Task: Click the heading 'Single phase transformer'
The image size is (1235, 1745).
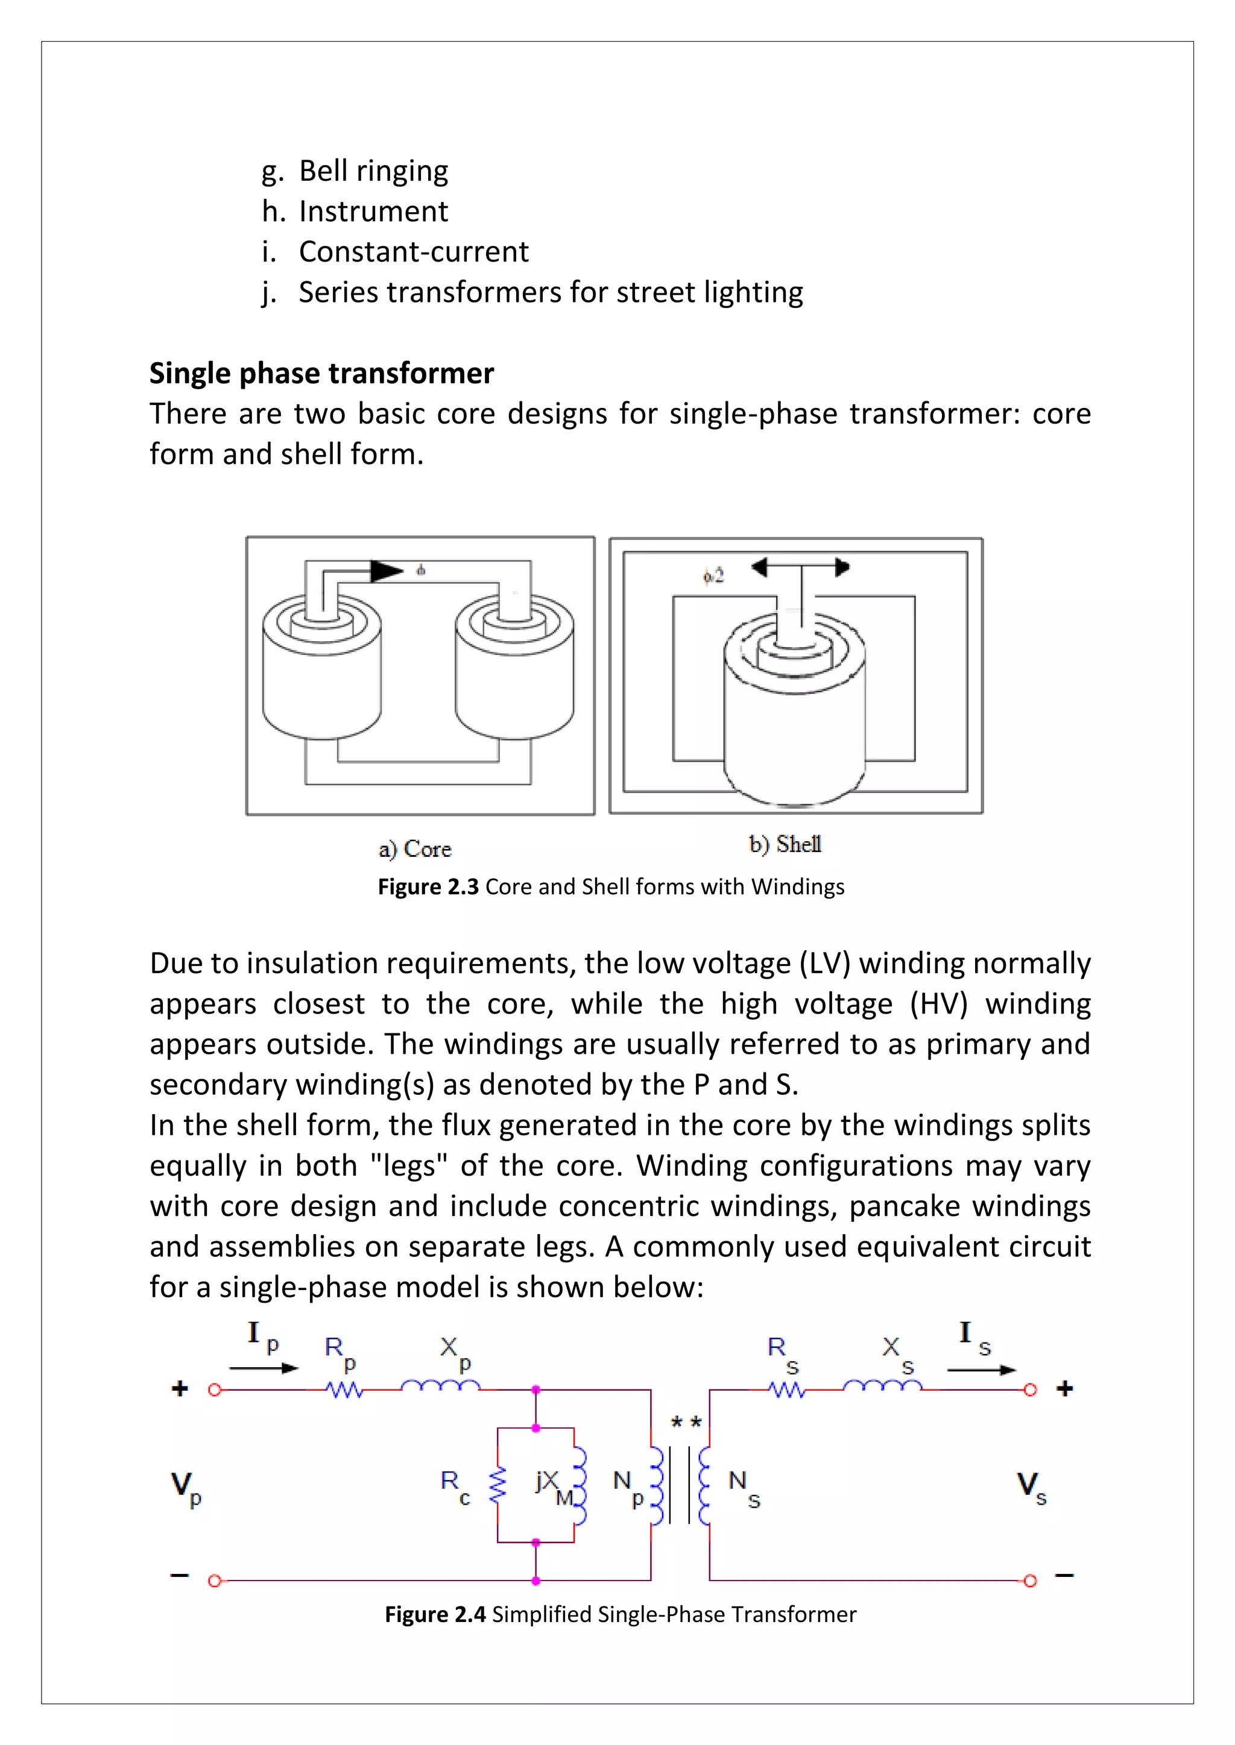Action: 321,373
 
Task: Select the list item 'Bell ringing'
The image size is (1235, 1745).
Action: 373,171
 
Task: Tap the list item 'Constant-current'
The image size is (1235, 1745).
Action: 413,251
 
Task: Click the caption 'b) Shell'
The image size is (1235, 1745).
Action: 785,844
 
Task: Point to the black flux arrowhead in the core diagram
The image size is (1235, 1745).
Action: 387,571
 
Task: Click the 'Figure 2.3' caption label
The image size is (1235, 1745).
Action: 428,887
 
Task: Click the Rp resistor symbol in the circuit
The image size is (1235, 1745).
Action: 344,1390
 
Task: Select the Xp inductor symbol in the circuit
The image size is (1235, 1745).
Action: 440,1386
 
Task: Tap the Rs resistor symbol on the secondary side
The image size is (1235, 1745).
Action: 786,1390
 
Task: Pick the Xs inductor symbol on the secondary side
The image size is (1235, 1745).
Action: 882,1386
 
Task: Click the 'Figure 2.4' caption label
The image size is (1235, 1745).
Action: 434,1614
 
